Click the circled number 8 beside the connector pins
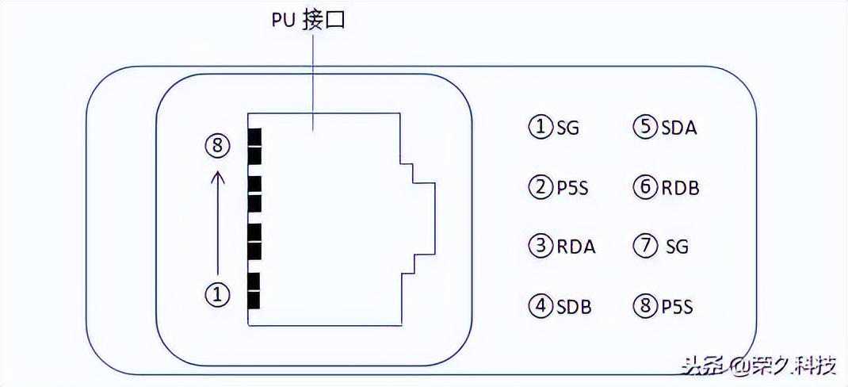219,146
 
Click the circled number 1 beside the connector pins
218,294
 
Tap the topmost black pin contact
254,136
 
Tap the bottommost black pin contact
254,301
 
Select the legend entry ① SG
554,127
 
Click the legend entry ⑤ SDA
665,127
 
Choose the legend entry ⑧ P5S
663,306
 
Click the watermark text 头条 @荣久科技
758,366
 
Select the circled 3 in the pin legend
541,246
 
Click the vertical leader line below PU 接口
314,79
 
